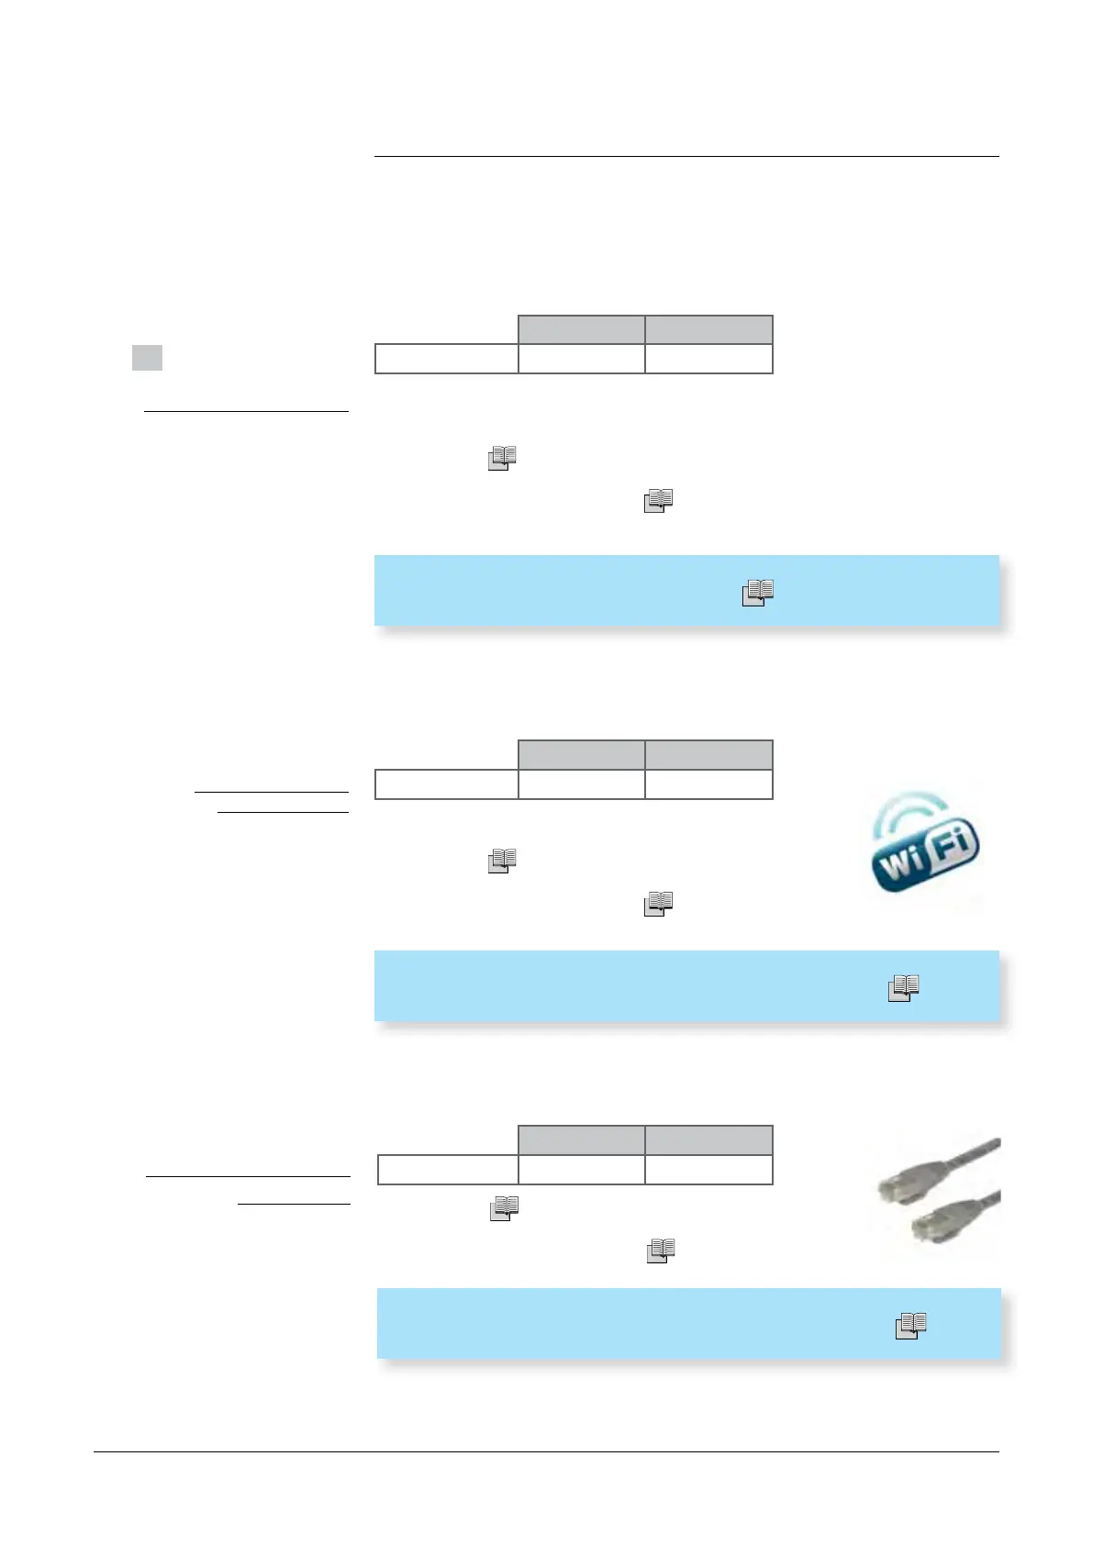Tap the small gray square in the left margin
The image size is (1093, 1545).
(147, 357)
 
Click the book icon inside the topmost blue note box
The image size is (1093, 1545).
(758, 593)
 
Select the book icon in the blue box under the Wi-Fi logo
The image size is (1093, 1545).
(904, 987)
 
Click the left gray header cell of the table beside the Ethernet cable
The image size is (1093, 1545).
(582, 1140)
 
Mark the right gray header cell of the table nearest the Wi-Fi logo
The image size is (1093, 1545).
(708, 754)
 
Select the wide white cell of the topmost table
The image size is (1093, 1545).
(447, 359)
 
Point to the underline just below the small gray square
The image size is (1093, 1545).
(246, 412)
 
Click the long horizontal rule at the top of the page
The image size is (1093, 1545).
(686, 157)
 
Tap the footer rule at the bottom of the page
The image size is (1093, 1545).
(546, 1451)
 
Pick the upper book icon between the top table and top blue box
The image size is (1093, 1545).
(502, 458)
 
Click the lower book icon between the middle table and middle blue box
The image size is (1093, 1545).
(659, 904)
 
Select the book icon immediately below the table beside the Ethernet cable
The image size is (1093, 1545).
(505, 1208)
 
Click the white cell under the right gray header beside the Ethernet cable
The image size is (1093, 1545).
(708, 1170)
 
